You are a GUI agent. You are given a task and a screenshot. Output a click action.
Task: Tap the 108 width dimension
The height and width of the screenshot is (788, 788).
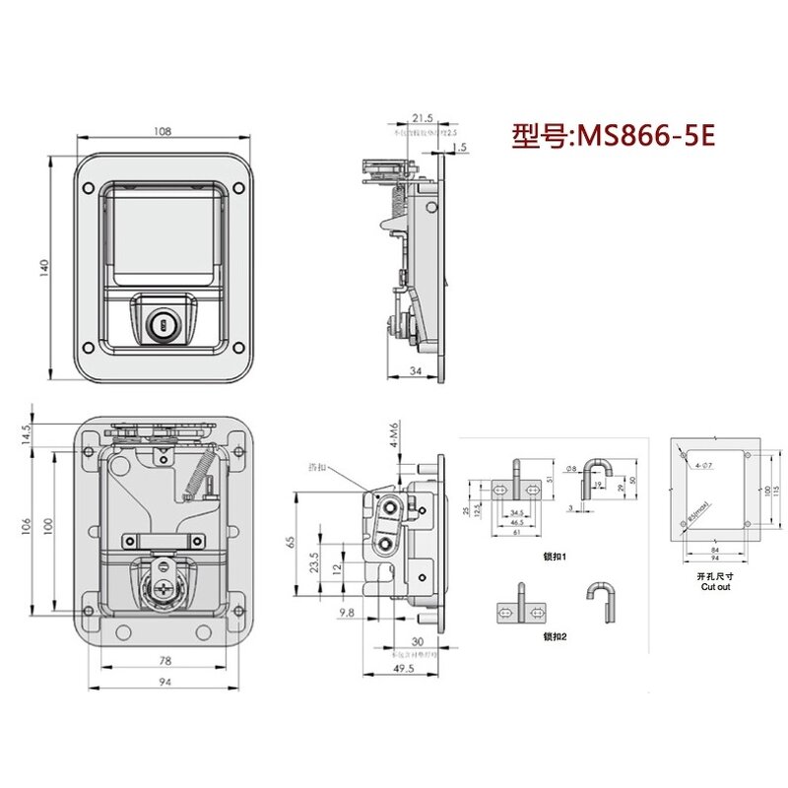pyautogui.click(x=163, y=131)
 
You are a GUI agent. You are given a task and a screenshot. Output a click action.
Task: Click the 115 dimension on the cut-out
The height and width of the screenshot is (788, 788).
pyautogui.click(x=776, y=490)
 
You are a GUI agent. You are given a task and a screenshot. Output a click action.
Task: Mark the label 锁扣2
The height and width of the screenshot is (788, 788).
pyautogui.click(x=554, y=637)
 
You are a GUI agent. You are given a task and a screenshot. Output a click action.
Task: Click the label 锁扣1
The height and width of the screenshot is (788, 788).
pyautogui.click(x=554, y=558)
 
